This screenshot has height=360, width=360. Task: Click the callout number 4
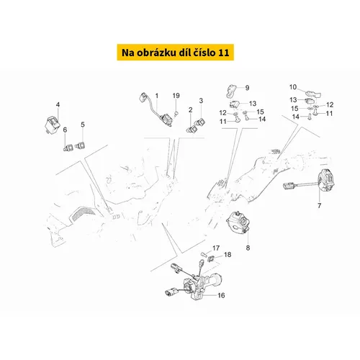[x=58, y=104]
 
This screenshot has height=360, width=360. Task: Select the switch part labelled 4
[x=53, y=124]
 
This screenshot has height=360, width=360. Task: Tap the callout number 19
[x=176, y=96]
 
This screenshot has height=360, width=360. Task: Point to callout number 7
[x=319, y=205]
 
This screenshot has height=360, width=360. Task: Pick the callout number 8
[x=248, y=248]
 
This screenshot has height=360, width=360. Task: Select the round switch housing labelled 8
[x=238, y=222]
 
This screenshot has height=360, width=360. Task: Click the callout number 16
[x=221, y=295]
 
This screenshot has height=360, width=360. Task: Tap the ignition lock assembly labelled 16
[x=196, y=282]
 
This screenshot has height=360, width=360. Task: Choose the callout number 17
[x=216, y=248]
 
